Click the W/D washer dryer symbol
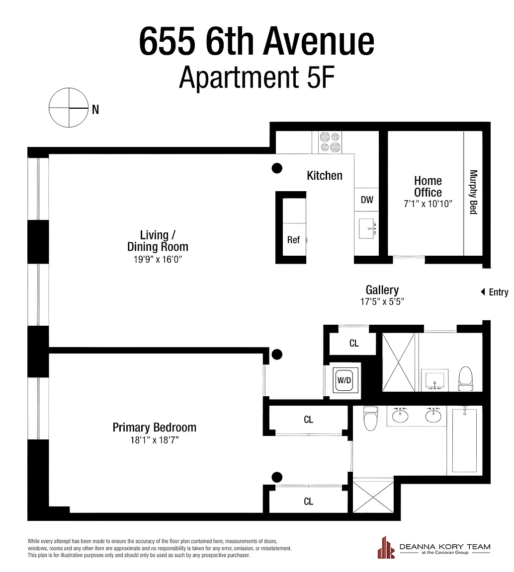(x=344, y=380)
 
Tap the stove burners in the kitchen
(x=330, y=143)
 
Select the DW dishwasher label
(x=367, y=200)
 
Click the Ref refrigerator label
(x=293, y=240)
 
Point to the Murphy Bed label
(x=473, y=192)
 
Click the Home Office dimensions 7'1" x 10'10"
(x=428, y=204)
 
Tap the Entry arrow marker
(x=483, y=292)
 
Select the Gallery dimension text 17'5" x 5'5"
(x=382, y=302)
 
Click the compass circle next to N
(x=69, y=88)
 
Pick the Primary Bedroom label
(x=154, y=427)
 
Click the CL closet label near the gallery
(x=354, y=343)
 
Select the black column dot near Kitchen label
(x=277, y=168)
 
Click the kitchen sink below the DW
(x=366, y=228)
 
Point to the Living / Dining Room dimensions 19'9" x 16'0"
(x=158, y=259)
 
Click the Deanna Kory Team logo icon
(x=386, y=548)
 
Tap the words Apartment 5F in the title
(x=257, y=77)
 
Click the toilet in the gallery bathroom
(x=465, y=379)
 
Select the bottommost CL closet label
(x=308, y=501)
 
